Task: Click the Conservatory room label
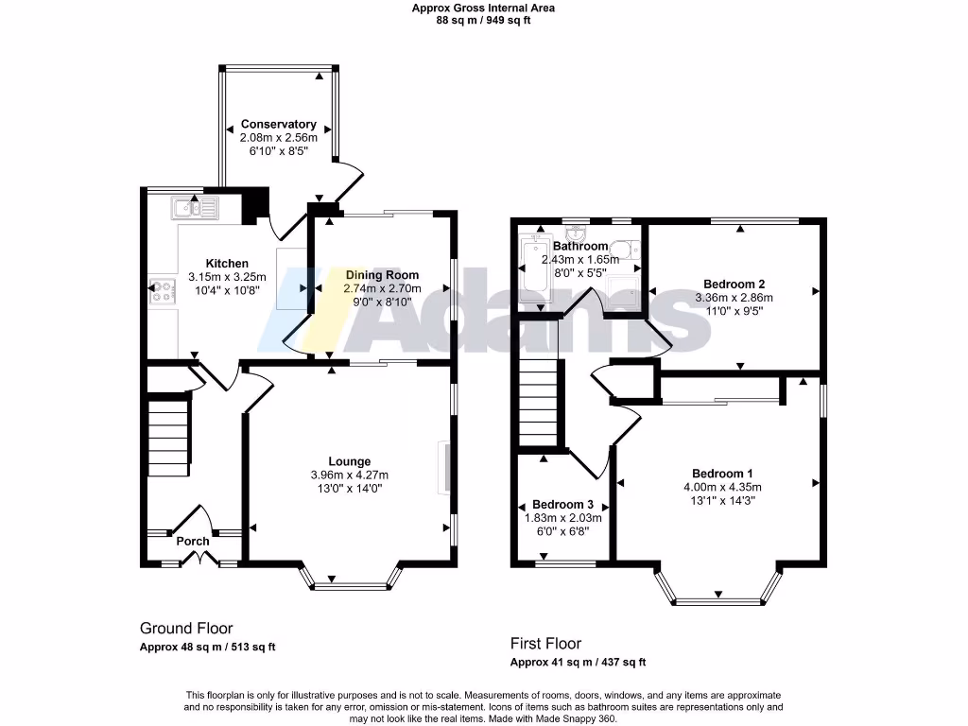coord(278,124)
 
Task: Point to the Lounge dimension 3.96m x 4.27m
coord(349,475)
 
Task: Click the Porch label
coord(193,541)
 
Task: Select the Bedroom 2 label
coord(734,284)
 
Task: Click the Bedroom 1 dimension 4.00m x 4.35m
coord(722,488)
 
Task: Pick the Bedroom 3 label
coord(562,504)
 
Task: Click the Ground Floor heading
coord(186,628)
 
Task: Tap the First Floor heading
coord(545,644)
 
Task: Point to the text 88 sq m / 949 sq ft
coord(483,20)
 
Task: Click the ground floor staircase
coord(169,439)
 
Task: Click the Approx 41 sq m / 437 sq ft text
coord(578,663)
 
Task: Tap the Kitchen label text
coord(228,263)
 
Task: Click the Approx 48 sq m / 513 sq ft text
coord(207,648)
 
